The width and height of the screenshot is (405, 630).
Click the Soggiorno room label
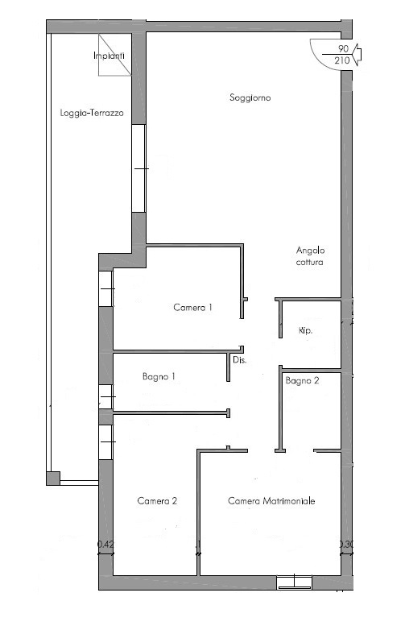(250, 97)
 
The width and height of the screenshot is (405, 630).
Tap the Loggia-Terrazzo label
(92, 113)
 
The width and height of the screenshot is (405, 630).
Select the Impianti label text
(109, 56)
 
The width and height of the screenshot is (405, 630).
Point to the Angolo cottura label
(310, 256)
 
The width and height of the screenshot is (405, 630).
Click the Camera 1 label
(192, 308)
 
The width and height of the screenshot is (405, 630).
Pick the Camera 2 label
(157, 500)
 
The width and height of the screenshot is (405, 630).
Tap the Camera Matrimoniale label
(271, 500)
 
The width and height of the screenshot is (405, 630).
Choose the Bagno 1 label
(159, 376)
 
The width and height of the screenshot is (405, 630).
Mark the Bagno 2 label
(302, 380)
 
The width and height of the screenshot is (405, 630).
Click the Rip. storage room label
(305, 330)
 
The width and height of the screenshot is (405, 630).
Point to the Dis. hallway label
(240, 360)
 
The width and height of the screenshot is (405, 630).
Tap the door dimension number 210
(342, 60)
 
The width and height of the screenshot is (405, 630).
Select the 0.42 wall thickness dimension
(105, 545)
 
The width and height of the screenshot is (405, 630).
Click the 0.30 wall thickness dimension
(346, 544)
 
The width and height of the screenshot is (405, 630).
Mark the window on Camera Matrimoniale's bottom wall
(294, 582)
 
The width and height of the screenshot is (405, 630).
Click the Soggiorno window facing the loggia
(138, 168)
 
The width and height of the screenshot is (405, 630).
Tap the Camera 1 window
(106, 288)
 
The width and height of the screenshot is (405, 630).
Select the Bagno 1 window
(106, 396)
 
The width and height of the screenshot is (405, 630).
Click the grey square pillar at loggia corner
(53, 478)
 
